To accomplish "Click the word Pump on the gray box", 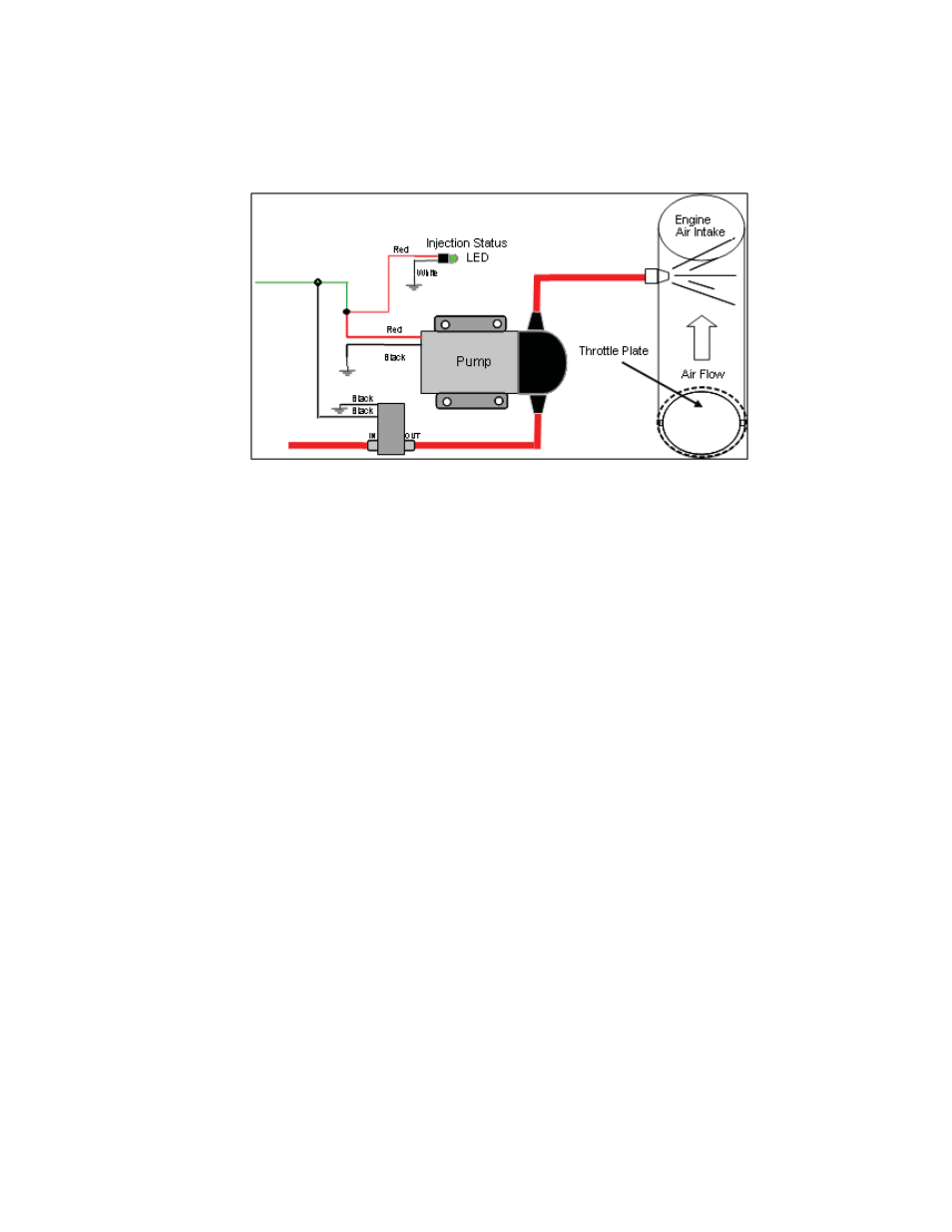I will [473, 361].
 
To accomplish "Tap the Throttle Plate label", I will [613, 351].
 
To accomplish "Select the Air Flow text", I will [703, 374].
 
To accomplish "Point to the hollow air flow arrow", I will [702, 337].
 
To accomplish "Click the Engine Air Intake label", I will [699, 225].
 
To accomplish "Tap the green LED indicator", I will [453, 258].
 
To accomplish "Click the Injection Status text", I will [466, 242].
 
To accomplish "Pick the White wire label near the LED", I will [427, 272].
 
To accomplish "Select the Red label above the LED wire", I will [400, 249].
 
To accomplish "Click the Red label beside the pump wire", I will [394, 329].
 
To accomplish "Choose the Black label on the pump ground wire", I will [395, 357].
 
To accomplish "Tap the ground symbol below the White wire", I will [414, 286].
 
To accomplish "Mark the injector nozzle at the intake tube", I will [656, 276].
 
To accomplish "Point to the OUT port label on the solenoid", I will [412, 436].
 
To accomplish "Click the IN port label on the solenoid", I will [372, 436].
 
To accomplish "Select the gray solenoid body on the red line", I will [391, 427].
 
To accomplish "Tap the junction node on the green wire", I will [318, 282].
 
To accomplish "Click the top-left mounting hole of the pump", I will [446, 324].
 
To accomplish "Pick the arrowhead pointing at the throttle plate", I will [698, 404].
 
